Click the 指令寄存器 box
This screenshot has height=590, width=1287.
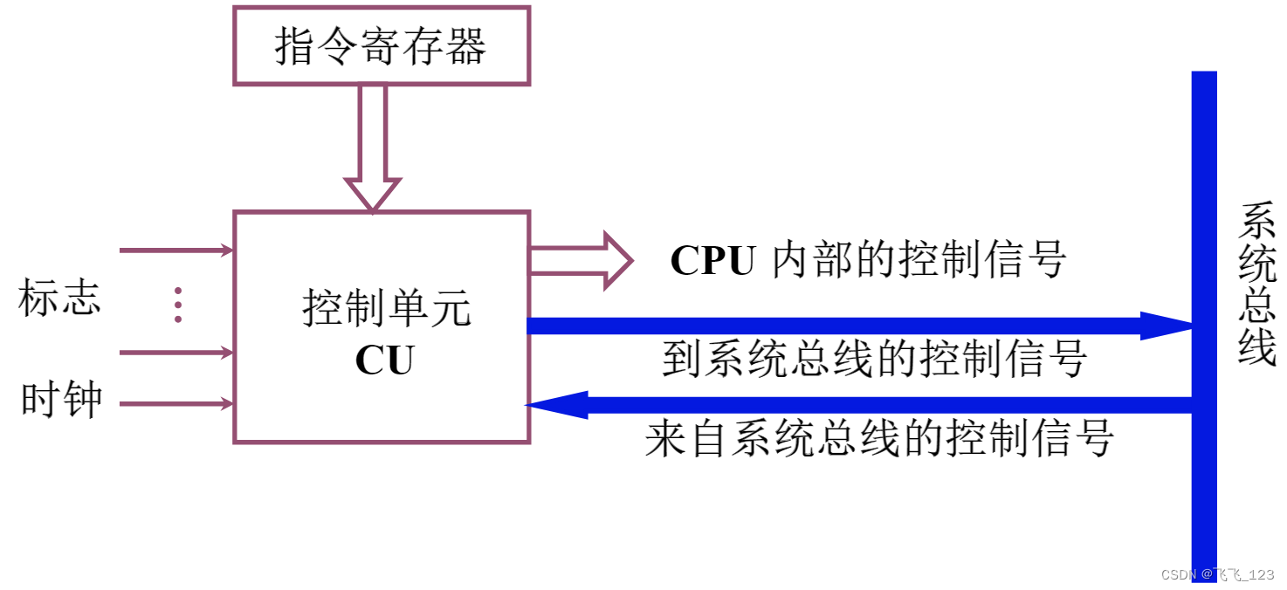pos(382,46)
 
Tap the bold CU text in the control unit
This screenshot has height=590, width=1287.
pos(384,360)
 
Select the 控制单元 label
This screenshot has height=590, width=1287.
pos(386,309)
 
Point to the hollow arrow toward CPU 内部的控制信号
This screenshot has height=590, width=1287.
pos(581,260)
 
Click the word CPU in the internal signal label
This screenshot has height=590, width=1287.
pos(712,260)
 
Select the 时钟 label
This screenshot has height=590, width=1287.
pos(61,401)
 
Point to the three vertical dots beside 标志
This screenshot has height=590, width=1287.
pos(178,305)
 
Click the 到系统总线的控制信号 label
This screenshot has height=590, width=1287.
pos(874,359)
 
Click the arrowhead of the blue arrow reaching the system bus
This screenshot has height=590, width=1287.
pos(1166,326)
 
